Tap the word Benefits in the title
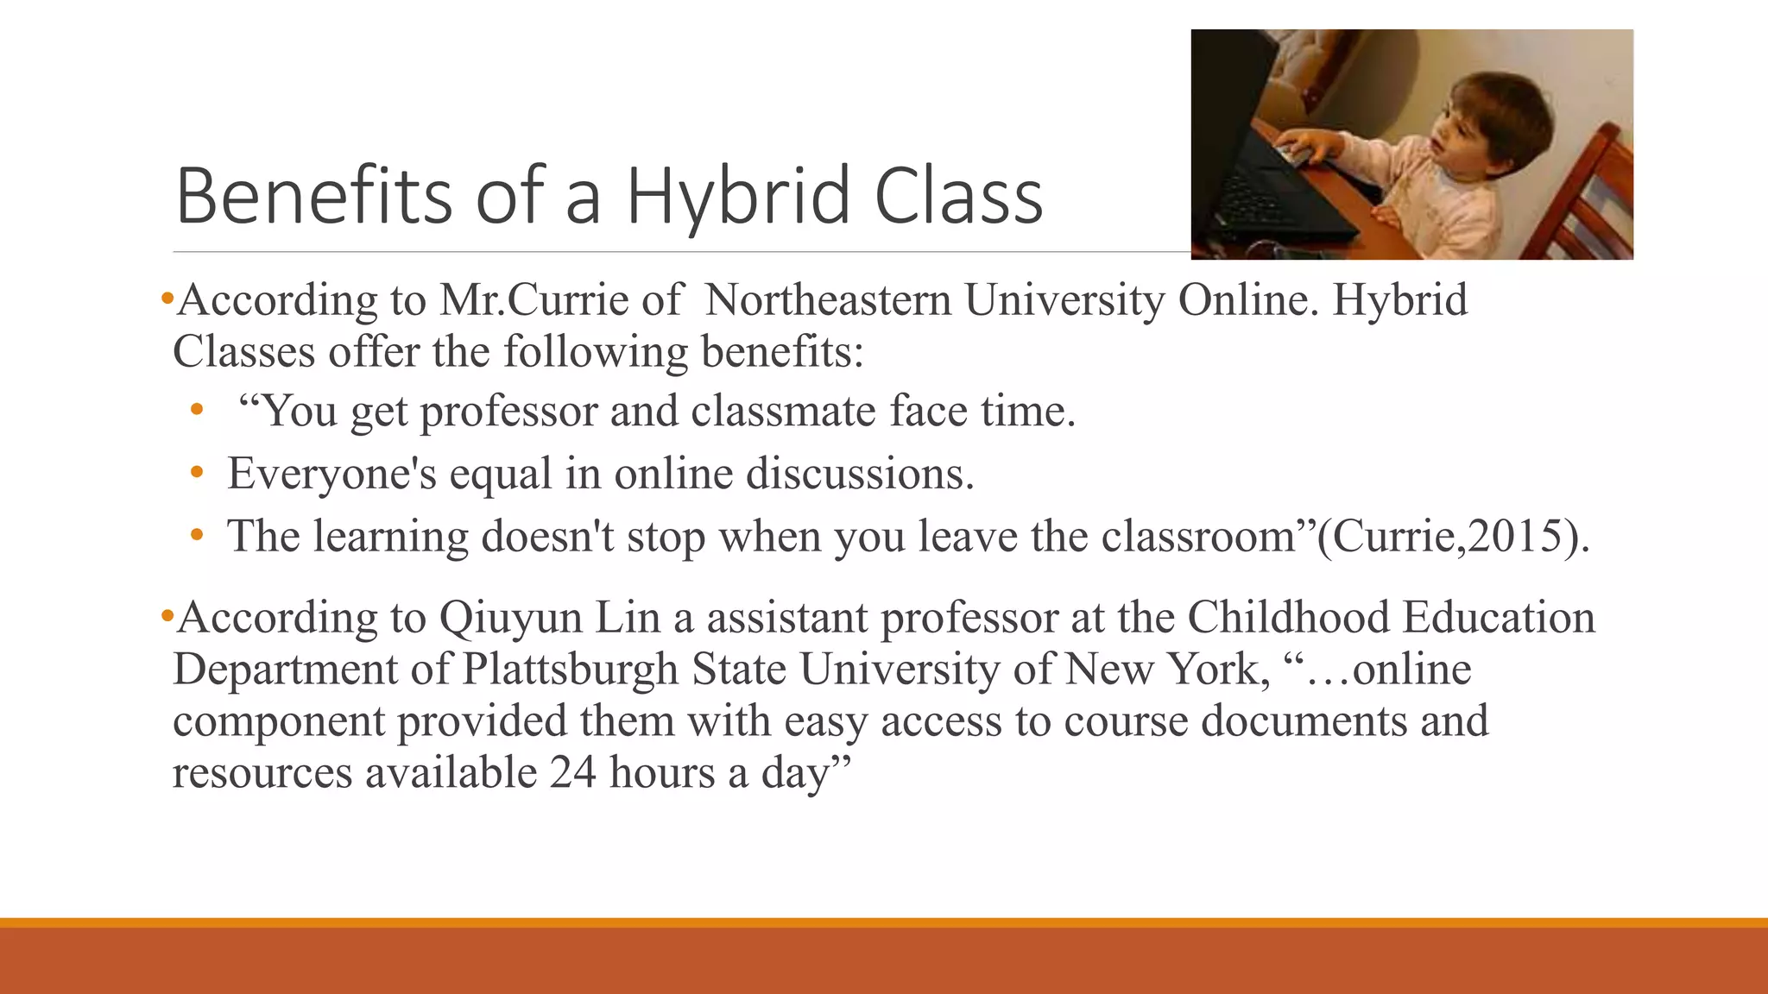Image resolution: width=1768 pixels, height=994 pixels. (313, 196)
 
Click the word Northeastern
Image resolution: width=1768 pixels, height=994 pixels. (828, 300)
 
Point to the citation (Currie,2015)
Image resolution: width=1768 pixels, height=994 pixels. (1453, 536)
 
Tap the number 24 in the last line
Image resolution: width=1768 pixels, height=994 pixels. (572, 772)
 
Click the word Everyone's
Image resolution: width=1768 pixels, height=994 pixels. (331, 474)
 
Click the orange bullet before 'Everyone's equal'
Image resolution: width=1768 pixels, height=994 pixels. (197, 473)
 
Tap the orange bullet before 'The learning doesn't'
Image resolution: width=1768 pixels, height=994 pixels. (197, 536)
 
